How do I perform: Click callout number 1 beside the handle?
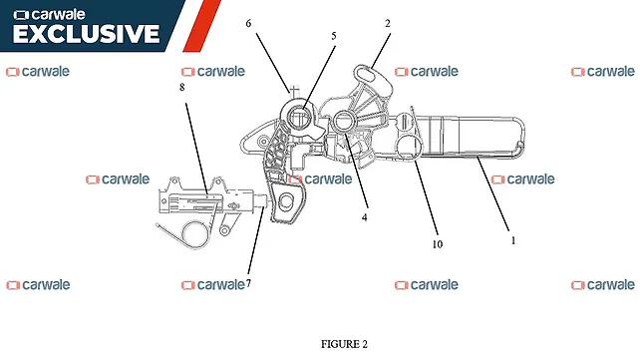coord(512,240)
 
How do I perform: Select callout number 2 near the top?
coord(388,23)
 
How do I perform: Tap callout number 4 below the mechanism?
coord(365,216)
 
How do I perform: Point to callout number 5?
coord(334,36)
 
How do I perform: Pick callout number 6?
coord(248,23)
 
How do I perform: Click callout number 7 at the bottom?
coord(247,283)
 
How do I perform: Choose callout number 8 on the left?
coord(182,88)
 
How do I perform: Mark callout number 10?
coord(437,243)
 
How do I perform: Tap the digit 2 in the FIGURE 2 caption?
coord(365,344)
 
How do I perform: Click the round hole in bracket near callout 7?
coord(285,203)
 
